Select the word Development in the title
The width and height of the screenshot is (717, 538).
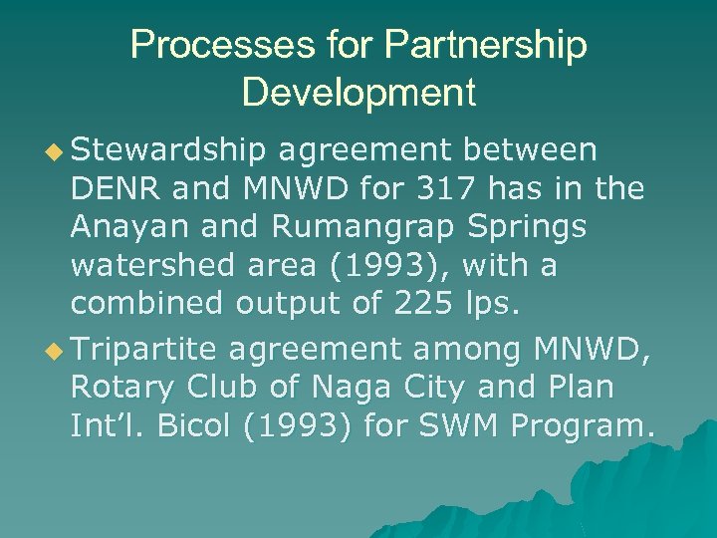[x=358, y=93]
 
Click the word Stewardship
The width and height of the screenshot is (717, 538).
[x=169, y=150]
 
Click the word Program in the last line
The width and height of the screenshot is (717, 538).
[x=581, y=426]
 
